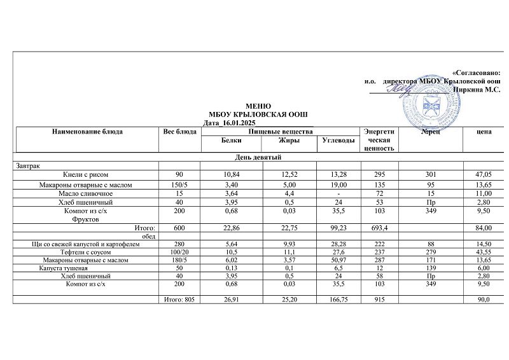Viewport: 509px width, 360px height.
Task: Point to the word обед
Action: (x=149, y=236)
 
